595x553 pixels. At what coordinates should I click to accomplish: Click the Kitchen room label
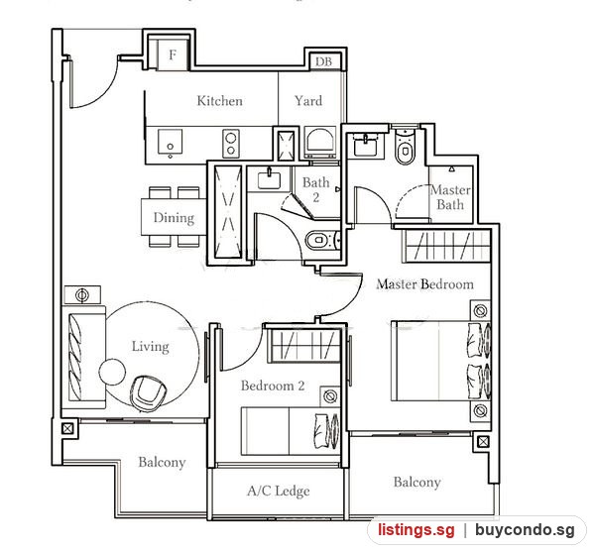pos(220,101)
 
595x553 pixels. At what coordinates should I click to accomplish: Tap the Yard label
pos(308,101)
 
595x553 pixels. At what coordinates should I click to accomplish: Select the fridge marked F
pos(173,55)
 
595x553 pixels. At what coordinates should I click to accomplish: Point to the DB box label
pos(323,61)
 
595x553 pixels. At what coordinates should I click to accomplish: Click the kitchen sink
pos(170,142)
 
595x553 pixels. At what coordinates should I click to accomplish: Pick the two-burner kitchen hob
pos(231,143)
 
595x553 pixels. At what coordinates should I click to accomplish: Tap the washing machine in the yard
pos(320,143)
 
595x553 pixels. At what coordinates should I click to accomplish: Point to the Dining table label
pos(174,218)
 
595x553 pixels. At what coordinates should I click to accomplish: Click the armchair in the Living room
pos(148,393)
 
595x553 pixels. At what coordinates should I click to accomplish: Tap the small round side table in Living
pos(112,372)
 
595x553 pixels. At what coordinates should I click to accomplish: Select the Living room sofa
pos(83,357)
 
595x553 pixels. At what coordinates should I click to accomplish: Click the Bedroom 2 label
pos(273,386)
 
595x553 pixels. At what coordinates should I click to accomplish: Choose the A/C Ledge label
pos(278,491)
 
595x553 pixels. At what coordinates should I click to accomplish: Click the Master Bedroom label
pos(425,284)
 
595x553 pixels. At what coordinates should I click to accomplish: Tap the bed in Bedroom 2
pos(291,431)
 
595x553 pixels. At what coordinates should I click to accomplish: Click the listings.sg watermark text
pos(416,530)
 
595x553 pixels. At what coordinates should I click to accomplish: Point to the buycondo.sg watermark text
pos(525,530)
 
